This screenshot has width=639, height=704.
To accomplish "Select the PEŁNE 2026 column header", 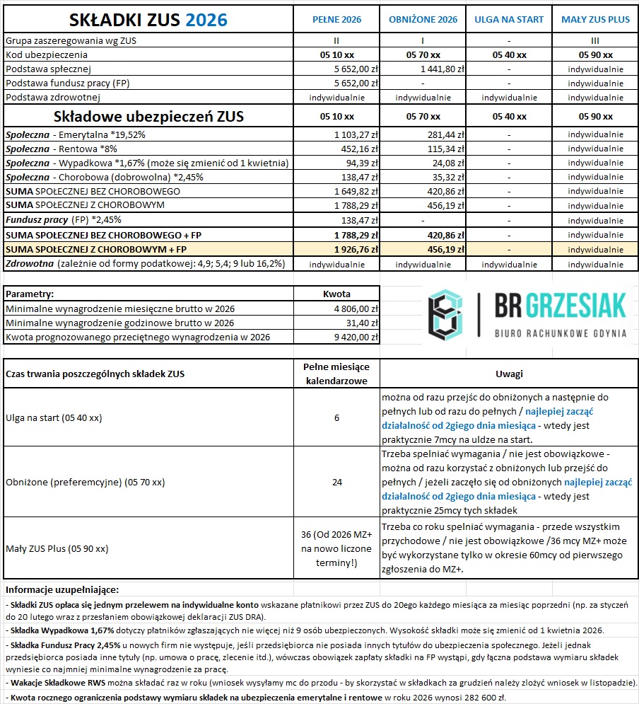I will [x=336, y=20].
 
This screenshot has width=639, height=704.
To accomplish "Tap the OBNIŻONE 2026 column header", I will [x=423, y=20].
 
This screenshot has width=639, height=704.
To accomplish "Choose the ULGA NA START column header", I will [x=509, y=20].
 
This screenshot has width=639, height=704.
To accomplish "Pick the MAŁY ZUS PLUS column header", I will [x=595, y=20].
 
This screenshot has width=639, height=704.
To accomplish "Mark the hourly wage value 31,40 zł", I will [x=361, y=323].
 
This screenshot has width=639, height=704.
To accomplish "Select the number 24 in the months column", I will [x=336, y=483].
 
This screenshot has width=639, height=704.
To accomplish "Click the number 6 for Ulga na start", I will [x=336, y=418].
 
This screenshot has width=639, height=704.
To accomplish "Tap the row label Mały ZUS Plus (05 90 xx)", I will [x=57, y=548].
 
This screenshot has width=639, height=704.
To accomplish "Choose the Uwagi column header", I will [x=509, y=374].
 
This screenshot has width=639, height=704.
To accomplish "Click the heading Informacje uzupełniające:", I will [x=62, y=589].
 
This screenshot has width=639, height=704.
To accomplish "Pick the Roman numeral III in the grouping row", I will [x=595, y=41].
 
